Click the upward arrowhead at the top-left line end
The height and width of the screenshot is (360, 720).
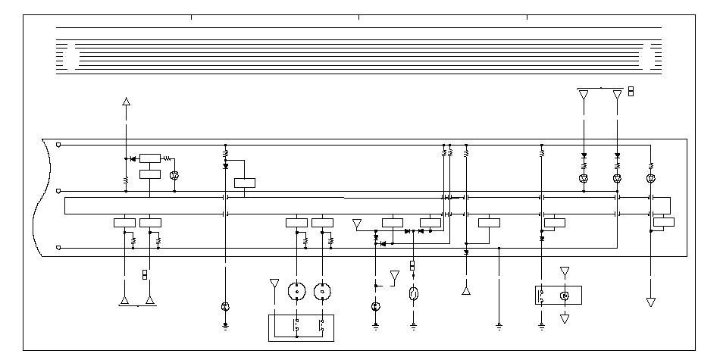click(x=127, y=101)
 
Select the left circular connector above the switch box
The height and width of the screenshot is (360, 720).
click(x=296, y=292)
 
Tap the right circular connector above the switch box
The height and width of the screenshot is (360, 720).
click(x=323, y=292)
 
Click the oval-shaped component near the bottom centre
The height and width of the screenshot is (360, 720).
click(x=413, y=294)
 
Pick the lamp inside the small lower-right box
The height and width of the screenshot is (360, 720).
click(x=564, y=295)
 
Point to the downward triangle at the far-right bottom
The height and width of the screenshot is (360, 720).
click(x=650, y=302)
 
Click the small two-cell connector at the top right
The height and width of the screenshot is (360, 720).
click(x=631, y=92)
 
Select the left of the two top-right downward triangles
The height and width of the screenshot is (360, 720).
click(x=584, y=95)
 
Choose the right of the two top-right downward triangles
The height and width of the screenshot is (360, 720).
click(x=617, y=95)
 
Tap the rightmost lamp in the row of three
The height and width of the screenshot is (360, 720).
click(x=650, y=179)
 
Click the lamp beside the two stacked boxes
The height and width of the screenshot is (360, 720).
click(x=174, y=175)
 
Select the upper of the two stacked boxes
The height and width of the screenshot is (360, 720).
click(x=150, y=158)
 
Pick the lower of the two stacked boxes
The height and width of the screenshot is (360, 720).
click(x=150, y=174)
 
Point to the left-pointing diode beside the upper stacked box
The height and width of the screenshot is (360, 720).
click(x=133, y=158)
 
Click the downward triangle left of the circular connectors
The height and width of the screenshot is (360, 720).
click(x=274, y=283)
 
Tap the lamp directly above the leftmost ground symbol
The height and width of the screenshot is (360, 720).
click(x=225, y=306)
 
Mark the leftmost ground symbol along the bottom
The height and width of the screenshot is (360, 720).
click(x=225, y=327)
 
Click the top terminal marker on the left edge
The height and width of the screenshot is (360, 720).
click(x=59, y=144)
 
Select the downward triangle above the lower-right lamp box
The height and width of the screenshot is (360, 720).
click(x=564, y=271)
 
